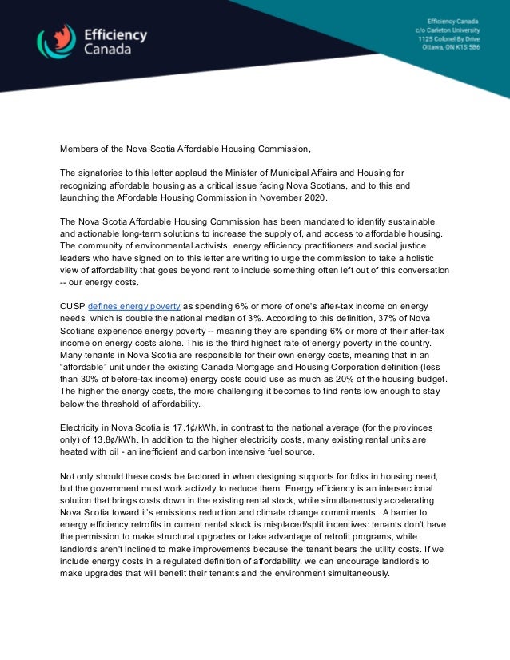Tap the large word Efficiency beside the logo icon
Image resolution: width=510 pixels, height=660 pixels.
click(116, 34)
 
